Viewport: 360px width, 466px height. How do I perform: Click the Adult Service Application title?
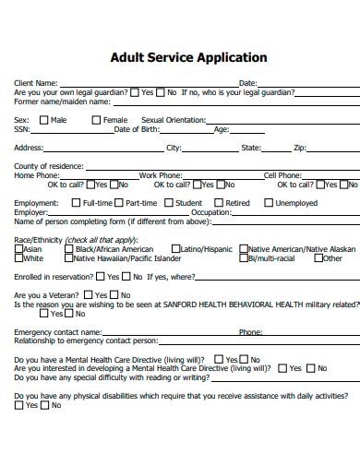[x=188, y=57]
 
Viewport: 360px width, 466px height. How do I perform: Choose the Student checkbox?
[x=168, y=203]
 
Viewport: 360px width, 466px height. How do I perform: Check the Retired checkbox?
[x=217, y=203]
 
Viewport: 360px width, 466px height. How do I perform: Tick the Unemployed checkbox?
[x=269, y=203]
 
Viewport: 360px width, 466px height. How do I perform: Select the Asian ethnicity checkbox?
[x=18, y=249]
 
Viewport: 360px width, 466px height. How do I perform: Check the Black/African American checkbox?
[x=67, y=249]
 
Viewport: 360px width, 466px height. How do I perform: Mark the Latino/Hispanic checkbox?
[x=175, y=249]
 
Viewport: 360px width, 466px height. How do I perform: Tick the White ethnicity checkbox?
[x=18, y=258]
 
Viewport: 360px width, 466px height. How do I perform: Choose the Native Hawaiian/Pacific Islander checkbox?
[x=67, y=258]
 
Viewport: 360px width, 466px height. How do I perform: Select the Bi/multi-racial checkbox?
[x=243, y=258]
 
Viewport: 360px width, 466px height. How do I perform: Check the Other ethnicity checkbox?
[x=318, y=258]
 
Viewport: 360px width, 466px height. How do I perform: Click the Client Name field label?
[x=36, y=83]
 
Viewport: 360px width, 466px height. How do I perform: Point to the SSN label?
[x=22, y=129]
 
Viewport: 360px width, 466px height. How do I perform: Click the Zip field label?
[x=299, y=148]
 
